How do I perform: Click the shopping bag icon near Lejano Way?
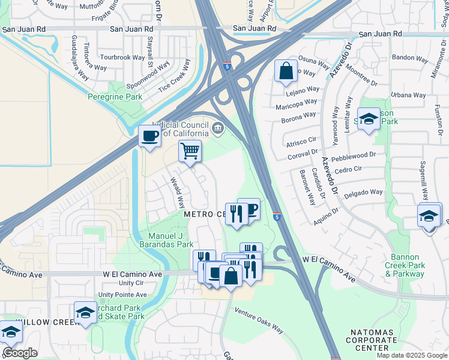(286, 71)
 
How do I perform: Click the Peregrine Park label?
(115, 97)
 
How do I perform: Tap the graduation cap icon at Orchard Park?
(85, 313)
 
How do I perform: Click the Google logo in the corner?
(20, 353)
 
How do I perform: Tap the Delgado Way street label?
(363, 193)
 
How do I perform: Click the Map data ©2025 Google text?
(411, 355)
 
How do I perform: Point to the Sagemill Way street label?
(424, 179)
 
